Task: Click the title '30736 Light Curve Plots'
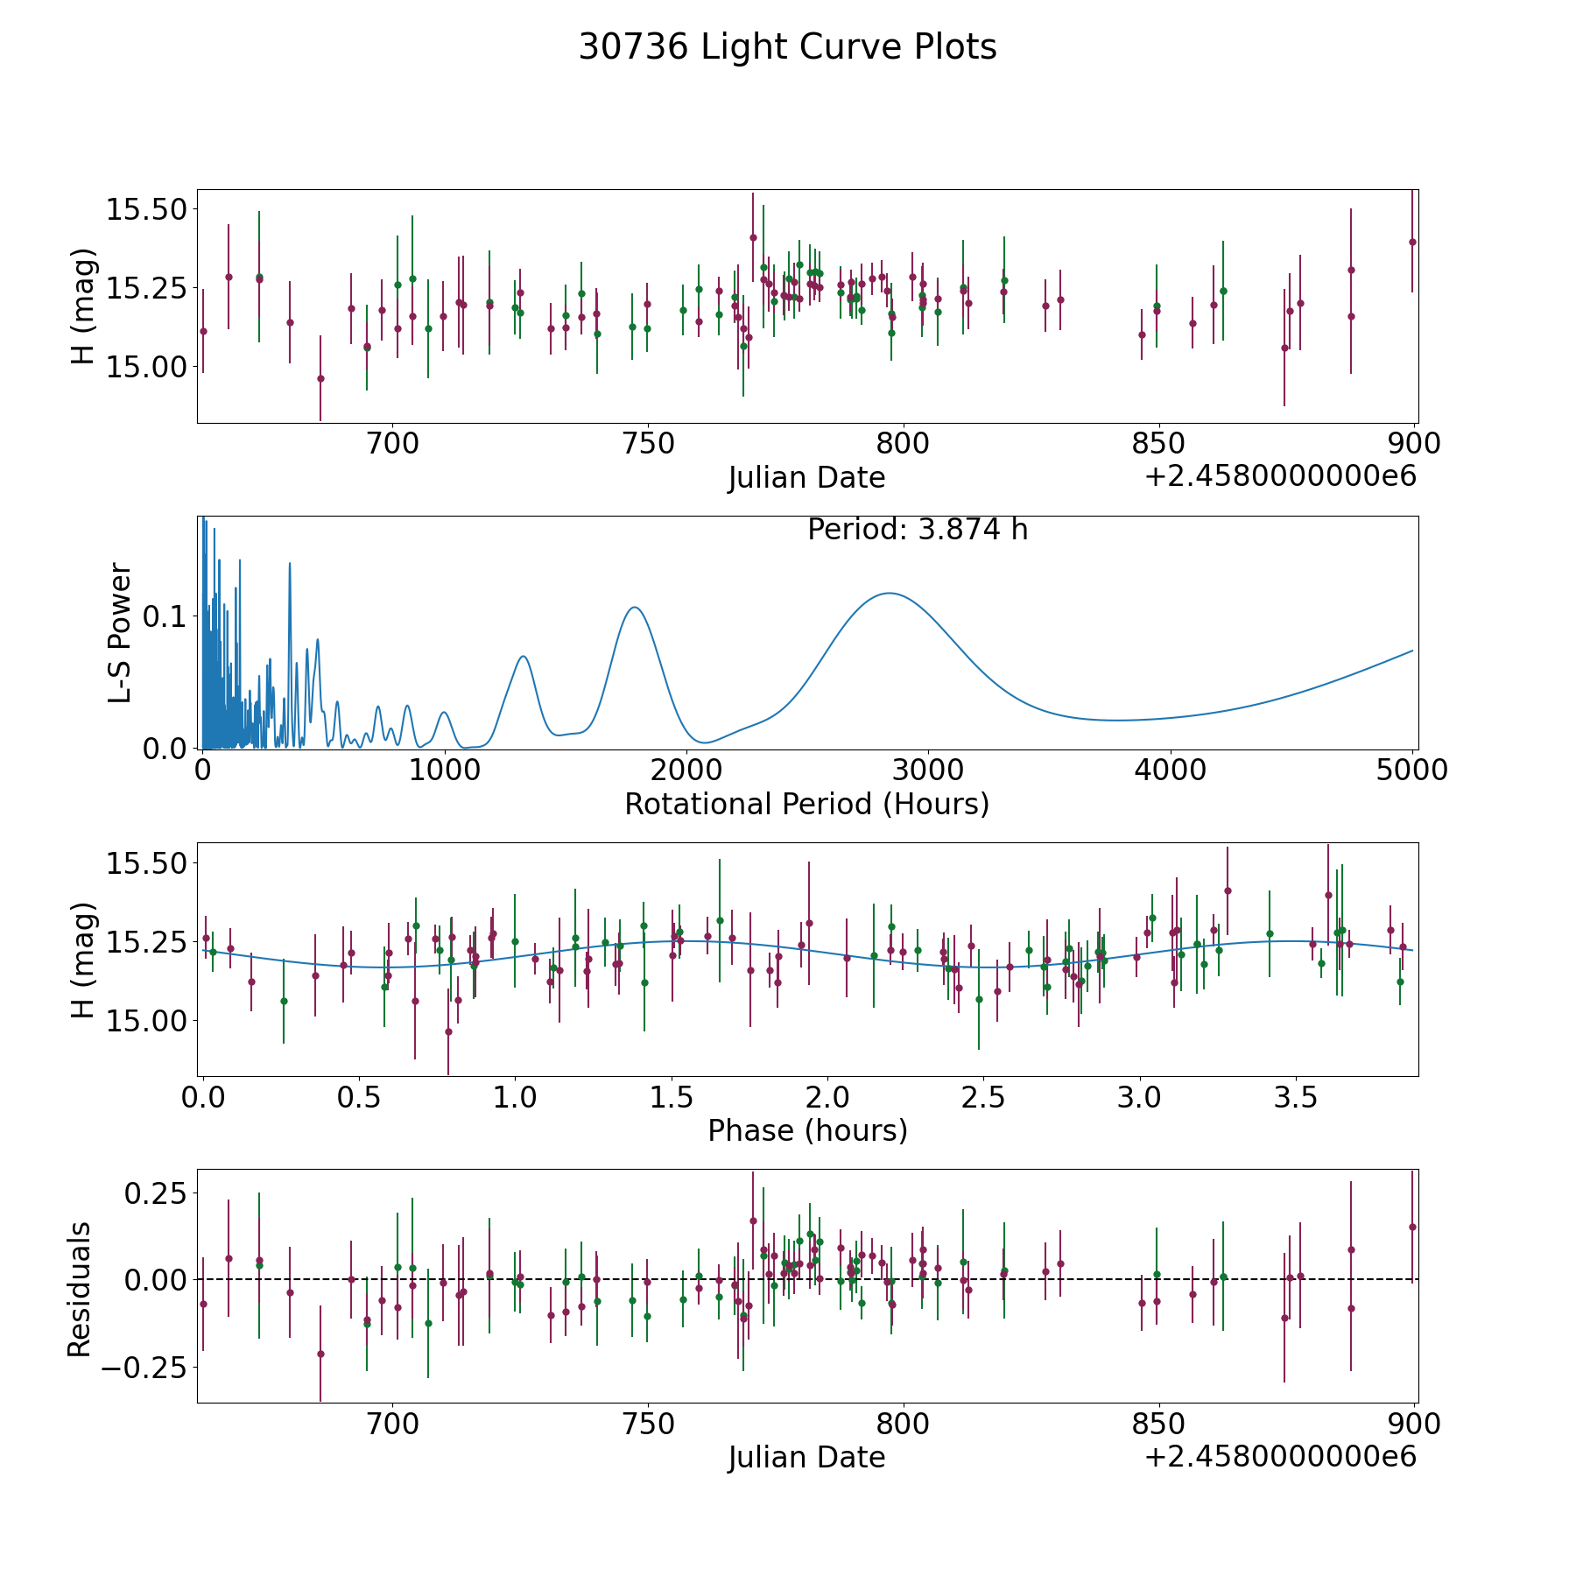tap(787, 47)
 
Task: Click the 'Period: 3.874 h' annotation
tap(917, 530)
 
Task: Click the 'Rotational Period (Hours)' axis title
tap(806, 804)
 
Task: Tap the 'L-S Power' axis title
tap(120, 632)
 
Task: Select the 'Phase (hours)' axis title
tap(806, 1130)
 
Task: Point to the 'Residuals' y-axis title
tap(80, 1290)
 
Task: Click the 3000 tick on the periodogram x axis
tap(928, 770)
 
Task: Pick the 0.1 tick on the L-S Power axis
tap(165, 617)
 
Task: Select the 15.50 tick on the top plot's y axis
tap(145, 209)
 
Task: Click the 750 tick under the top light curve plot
tap(647, 444)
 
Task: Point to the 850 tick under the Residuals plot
tap(1157, 1425)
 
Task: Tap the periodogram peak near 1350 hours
tap(523, 656)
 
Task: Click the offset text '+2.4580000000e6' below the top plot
tap(1280, 476)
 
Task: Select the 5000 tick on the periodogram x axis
tap(1412, 770)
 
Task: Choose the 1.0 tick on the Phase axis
tap(515, 1097)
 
